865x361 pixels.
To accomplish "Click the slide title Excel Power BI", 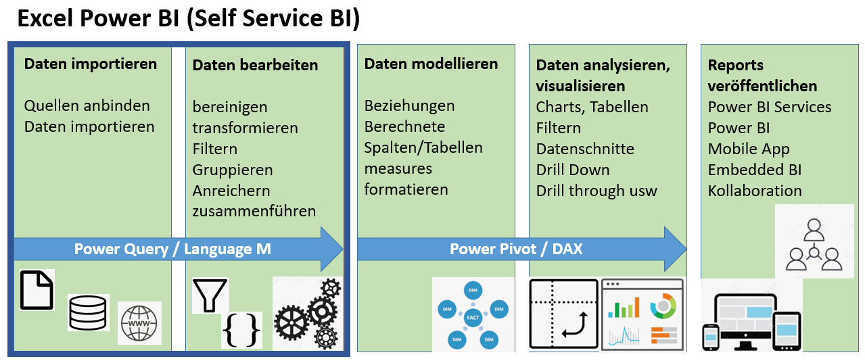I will (x=188, y=19).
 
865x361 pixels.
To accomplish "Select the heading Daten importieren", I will (x=91, y=64).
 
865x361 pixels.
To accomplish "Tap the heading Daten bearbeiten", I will (x=255, y=66).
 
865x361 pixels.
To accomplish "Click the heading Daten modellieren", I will (x=431, y=64).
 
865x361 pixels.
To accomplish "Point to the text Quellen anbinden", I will (x=87, y=106).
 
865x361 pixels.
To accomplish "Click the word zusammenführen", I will (x=254, y=211).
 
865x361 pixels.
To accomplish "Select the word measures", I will (x=398, y=168).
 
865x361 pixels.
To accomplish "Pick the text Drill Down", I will (x=573, y=170).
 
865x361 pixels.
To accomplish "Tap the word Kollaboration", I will (x=755, y=191).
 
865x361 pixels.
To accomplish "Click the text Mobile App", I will (x=749, y=149).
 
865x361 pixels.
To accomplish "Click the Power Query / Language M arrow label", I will (x=172, y=249).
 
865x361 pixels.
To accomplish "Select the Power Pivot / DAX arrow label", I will (x=516, y=249).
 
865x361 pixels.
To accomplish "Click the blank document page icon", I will (x=37, y=290).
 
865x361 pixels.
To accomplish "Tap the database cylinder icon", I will (x=88, y=312).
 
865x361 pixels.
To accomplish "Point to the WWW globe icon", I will (x=140, y=323).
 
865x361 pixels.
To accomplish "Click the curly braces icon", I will (x=241, y=330).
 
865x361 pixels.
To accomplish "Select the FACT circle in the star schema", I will (x=473, y=316).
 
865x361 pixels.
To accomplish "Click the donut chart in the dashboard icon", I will (x=663, y=306).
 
